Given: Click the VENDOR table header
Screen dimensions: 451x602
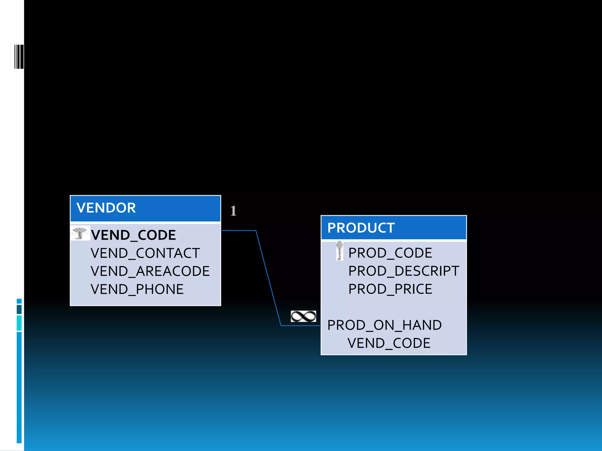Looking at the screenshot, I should [145, 208].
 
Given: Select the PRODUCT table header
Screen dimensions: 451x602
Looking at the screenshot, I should [393, 228].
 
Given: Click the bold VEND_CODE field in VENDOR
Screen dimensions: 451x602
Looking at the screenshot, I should [133, 235].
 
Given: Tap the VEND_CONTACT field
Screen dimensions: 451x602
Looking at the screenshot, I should [145, 253].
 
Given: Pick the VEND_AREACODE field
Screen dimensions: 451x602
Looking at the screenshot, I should [150, 271].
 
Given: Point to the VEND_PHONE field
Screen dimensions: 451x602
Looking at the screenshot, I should [137, 289].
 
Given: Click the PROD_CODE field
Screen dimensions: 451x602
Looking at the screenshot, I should [390, 253].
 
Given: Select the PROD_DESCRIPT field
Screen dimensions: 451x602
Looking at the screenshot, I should [403, 271].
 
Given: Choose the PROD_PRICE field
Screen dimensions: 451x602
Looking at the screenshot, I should [390, 289].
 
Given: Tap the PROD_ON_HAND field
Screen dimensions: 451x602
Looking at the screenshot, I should [384, 325].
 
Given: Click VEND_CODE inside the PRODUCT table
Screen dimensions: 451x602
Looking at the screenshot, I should [389, 343].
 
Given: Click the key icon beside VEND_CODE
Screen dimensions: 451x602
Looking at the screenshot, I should [80, 233].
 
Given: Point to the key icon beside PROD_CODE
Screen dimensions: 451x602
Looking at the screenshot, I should [340, 250].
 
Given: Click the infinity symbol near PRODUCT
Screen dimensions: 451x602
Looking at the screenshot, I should [303, 316].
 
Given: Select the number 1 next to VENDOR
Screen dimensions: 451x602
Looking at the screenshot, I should [233, 211].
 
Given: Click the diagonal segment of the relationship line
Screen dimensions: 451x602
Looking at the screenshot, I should [268, 277].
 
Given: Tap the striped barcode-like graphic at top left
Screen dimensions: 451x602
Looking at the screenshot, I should [19, 57].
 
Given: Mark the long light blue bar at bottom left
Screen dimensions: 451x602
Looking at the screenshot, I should [19, 387].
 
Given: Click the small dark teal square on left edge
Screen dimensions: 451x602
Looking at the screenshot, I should [19, 309].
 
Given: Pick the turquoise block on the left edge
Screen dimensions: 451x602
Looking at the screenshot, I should [19, 323].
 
